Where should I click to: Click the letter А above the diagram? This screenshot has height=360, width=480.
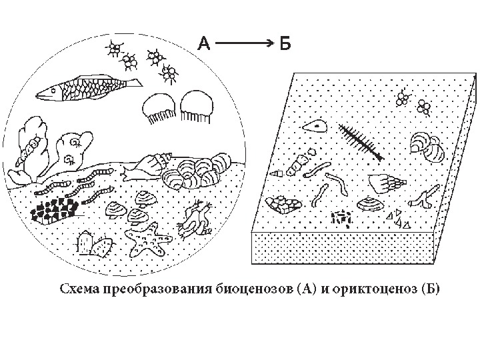pyautogui.click(x=204, y=44)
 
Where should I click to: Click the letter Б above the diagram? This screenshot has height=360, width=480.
pyautogui.click(x=285, y=44)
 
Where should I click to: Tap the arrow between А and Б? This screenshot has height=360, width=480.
pyautogui.click(x=244, y=44)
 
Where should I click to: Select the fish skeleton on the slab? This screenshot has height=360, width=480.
pyautogui.click(x=359, y=143)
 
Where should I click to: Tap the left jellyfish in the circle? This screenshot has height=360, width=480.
pyautogui.click(x=159, y=107)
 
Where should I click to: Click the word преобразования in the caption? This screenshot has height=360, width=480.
pyautogui.click(x=154, y=289)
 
